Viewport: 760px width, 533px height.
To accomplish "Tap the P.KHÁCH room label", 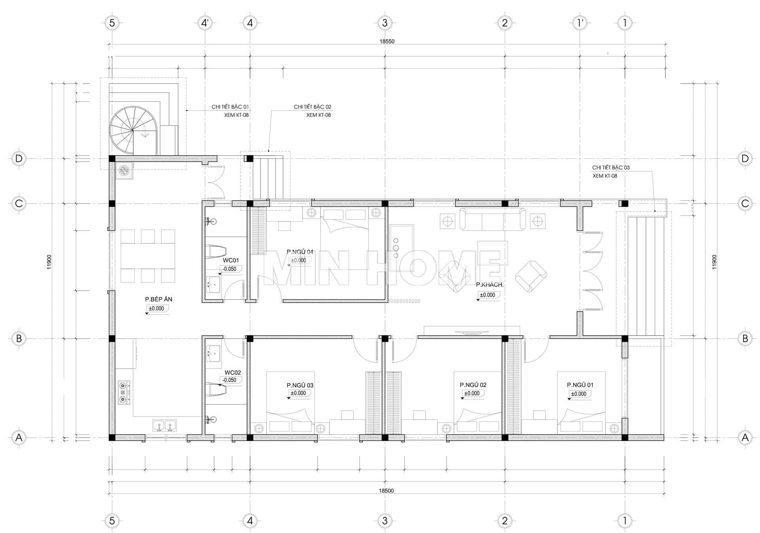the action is (x=490, y=284).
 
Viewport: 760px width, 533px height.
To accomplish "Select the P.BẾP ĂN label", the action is (x=158, y=299).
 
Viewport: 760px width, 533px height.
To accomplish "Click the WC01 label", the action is (x=231, y=260).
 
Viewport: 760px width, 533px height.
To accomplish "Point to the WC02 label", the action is (x=232, y=373).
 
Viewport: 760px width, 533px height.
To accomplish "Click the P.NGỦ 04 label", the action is (x=300, y=252).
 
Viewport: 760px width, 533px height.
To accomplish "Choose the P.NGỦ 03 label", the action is (x=300, y=385).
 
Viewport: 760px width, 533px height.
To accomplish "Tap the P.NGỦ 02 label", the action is (x=473, y=385).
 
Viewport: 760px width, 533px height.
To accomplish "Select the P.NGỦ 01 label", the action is (x=580, y=385).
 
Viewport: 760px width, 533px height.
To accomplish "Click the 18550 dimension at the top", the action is (x=387, y=41).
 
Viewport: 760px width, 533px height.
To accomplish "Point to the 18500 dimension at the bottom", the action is (x=386, y=491).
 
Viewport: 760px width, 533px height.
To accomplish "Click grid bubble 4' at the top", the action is (x=205, y=23).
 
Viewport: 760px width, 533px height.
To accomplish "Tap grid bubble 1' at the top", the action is (x=580, y=23).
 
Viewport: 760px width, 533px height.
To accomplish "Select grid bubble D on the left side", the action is (x=19, y=159).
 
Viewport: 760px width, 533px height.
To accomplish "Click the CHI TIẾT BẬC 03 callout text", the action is (x=611, y=168).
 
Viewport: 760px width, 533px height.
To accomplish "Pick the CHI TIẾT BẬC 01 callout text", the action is (x=230, y=107).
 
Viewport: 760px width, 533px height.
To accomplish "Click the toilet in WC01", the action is (x=216, y=251).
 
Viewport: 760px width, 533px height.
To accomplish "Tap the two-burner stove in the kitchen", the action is (x=124, y=392).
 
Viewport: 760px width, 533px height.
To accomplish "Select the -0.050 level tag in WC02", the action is (x=230, y=380).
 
